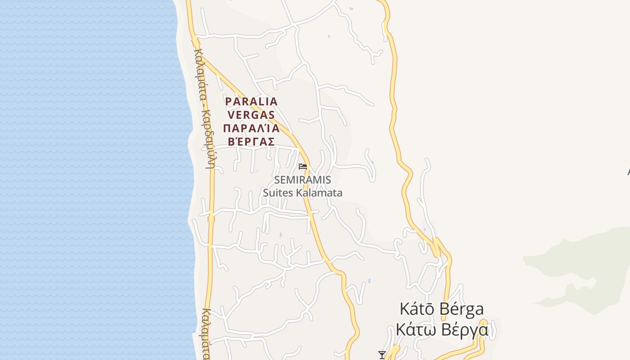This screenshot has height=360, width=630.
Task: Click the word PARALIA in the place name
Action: pos(251,101)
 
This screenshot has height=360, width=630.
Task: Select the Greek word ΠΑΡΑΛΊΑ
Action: pos(251,128)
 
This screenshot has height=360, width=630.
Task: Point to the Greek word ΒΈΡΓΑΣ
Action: pos(251,141)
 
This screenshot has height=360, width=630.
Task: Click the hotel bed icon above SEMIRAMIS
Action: pos(303,166)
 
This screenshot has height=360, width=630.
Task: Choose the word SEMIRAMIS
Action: pos(303,180)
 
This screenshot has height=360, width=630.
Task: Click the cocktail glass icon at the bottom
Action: pos(382,355)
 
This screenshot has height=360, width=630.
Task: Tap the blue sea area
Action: pos(90,180)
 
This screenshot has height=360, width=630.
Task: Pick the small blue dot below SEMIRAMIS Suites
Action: pos(281,234)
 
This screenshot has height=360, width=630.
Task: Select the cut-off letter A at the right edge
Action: pos(629,171)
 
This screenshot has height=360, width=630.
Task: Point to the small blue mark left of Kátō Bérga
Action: pos(369,281)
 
